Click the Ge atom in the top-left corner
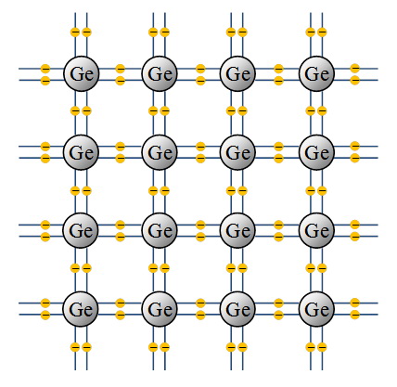[x=82, y=73]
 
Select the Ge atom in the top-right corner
[x=316, y=73]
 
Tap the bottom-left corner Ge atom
[x=81, y=309]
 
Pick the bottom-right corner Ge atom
[x=316, y=309]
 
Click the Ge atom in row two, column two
[x=160, y=152]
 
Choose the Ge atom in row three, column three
[x=237, y=230]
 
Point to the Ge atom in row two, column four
[x=316, y=152]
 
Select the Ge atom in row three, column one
[x=81, y=230]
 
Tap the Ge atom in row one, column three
[x=237, y=73]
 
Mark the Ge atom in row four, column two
[x=160, y=309]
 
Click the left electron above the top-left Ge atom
[x=75, y=32]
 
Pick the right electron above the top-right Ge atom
[x=322, y=32]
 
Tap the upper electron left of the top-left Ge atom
[x=45, y=69]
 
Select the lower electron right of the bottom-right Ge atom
[x=355, y=315]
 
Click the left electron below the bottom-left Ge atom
[x=75, y=347]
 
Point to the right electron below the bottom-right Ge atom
[x=322, y=347]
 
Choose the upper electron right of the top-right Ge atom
[x=355, y=68]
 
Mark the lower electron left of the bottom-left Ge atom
[x=45, y=315]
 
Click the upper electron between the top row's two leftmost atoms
[x=120, y=69]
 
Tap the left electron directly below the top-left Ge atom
[x=75, y=110]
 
